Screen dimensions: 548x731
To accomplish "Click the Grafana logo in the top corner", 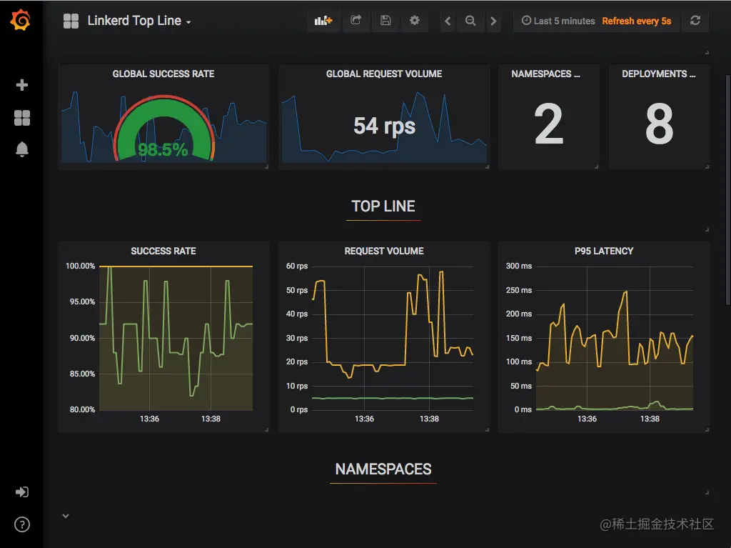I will (x=21, y=21).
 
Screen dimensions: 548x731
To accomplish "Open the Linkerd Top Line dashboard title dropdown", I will (x=138, y=21).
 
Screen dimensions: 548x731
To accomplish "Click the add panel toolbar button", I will (x=323, y=21).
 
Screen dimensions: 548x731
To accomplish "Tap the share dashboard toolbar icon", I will (x=356, y=21).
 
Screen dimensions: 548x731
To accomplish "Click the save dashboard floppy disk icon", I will (x=385, y=21).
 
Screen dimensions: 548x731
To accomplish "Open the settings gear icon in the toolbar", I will (x=414, y=21).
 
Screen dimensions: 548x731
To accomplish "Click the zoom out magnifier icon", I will (x=470, y=21).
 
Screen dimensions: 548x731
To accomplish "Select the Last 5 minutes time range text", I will (x=559, y=21).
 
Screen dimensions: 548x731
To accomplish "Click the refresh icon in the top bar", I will (x=695, y=21).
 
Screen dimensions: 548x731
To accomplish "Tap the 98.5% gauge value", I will (x=163, y=149).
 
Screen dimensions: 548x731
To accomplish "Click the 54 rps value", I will (x=384, y=126).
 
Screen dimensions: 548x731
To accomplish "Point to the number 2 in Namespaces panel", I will (x=548, y=124).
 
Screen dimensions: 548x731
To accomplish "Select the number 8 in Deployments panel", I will (x=659, y=124).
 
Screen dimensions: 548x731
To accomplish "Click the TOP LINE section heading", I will (x=383, y=206).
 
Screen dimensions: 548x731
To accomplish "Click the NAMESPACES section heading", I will (x=383, y=469).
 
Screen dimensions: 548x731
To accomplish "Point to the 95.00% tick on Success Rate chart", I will (x=81, y=302).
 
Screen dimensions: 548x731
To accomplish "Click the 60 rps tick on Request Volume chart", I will (x=297, y=266).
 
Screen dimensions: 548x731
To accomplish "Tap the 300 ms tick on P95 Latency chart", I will (x=519, y=266).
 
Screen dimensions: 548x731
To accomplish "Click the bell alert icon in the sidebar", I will (x=21, y=149).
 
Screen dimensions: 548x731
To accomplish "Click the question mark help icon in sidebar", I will (x=21, y=525).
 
